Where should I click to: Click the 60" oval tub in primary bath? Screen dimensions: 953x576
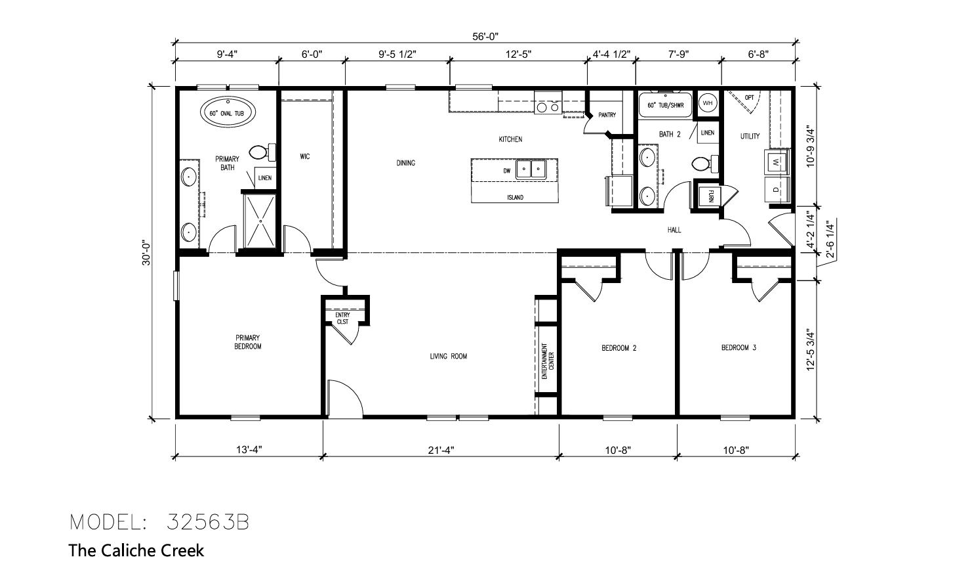pos(228,112)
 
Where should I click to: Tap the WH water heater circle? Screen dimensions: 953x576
pos(708,103)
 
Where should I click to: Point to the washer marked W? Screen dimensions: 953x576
pos(777,162)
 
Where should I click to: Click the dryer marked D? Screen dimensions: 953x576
pos(777,190)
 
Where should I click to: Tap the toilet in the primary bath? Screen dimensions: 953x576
pos(262,152)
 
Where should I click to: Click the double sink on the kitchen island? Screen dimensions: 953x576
pos(531,170)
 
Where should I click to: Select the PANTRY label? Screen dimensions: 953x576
pos(607,115)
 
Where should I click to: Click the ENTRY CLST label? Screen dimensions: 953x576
pos(342,319)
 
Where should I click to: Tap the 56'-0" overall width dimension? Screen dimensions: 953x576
pos(485,37)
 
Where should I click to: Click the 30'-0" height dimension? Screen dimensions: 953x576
pos(146,254)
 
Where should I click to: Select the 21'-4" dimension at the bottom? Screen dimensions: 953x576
pos(441,450)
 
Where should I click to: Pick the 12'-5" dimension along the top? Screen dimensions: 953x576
pos(518,54)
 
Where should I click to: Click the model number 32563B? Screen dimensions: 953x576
pos(208,522)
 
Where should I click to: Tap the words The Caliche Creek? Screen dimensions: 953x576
pos(136,550)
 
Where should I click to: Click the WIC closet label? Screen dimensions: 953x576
pos(304,157)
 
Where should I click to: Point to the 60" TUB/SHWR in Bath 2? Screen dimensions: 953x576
pos(666,105)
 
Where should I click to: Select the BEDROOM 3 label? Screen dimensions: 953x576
pos(739,347)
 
